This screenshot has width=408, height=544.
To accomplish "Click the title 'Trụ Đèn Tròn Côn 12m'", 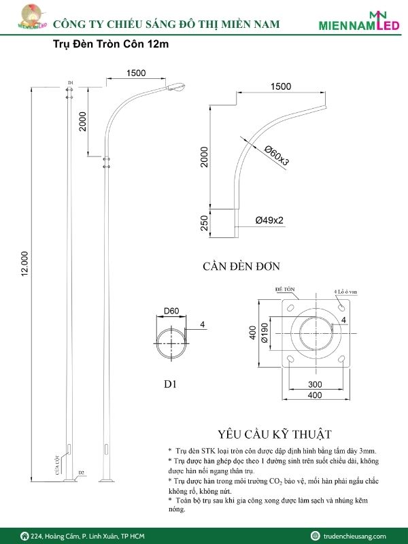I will pos(111,45).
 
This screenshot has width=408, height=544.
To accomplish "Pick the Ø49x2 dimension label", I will pos(269,220).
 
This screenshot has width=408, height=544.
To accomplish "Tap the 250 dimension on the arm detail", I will pos(205,222).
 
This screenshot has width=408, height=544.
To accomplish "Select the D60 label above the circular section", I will pos(171,312).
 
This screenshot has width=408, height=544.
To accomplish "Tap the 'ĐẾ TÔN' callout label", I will pos(284,289).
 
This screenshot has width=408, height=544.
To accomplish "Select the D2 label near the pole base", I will pos(81,472).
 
